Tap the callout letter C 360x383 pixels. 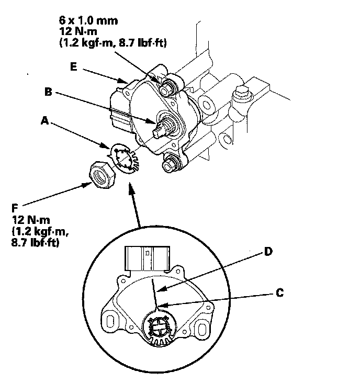pyautogui.click(x=280, y=292)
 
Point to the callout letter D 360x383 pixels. pyautogui.click(x=267, y=252)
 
